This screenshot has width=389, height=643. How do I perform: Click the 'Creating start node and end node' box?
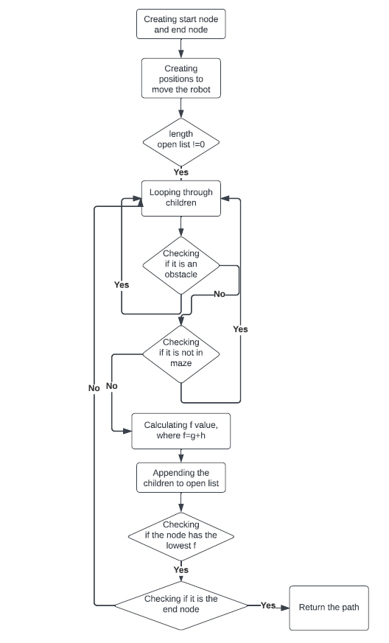click(181, 24)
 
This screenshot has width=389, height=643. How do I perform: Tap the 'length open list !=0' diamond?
click(181, 139)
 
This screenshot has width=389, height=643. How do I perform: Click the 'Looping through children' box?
click(181, 197)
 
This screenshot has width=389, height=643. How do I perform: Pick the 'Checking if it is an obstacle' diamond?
click(181, 264)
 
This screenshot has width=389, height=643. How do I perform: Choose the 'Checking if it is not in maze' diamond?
click(181, 353)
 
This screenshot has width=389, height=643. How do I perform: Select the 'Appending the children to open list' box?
click(181, 479)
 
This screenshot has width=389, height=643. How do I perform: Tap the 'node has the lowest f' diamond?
click(181, 535)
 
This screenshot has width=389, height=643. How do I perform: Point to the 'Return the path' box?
click(329, 608)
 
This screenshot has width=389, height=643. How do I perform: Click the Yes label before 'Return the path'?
click(268, 605)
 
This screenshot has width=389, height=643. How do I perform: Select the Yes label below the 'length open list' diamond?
click(181, 172)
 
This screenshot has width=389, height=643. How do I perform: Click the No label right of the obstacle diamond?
click(219, 294)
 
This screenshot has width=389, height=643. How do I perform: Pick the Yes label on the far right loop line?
click(240, 329)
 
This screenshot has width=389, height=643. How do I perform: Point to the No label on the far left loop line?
click(94, 388)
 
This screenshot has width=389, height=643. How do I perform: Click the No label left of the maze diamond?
click(112, 385)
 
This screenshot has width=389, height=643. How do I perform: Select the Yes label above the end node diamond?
click(181, 569)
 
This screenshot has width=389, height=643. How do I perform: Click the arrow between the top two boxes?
click(181, 48)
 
